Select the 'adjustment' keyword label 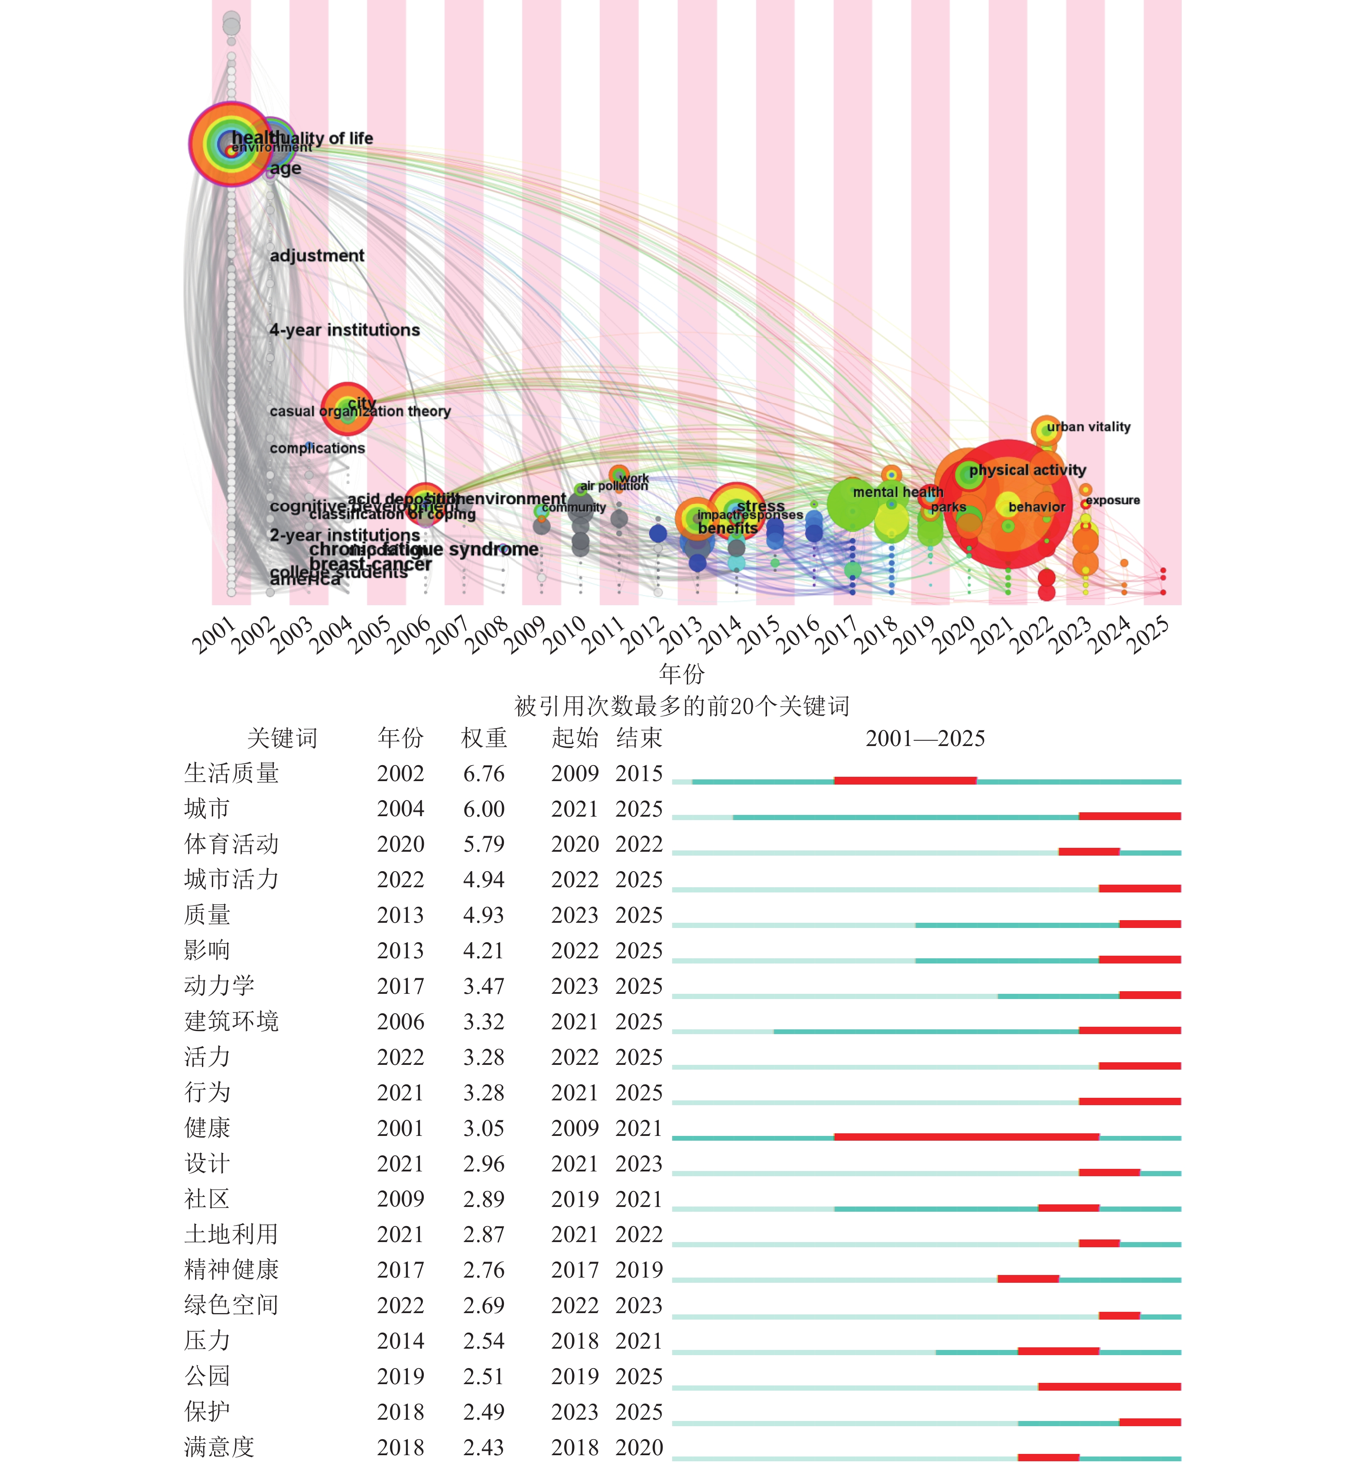click(317, 255)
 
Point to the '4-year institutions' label click(344, 330)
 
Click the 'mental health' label click(897, 492)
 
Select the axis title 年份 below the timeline click(681, 673)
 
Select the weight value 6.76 click(484, 773)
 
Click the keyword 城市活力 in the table click(231, 879)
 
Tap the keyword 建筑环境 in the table click(231, 1022)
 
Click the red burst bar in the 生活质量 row click(905, 780)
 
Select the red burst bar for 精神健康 click(1028, 1279)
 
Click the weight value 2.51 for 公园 click(484, 1376)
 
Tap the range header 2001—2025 click(925, 738)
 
